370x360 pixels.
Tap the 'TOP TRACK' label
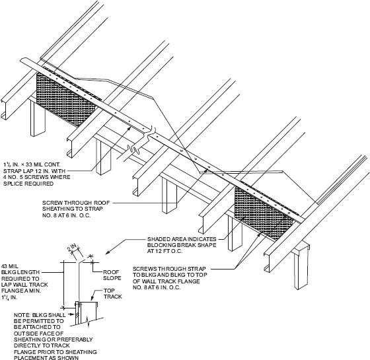(112, 294)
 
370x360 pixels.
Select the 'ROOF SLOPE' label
(112, 275)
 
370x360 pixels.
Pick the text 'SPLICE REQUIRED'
(28, 184)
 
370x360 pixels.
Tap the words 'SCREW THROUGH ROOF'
(76, 203)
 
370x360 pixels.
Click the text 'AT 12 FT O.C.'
(165, 251)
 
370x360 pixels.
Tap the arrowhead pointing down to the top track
(92, 299)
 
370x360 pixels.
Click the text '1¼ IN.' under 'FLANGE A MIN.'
(9, 297)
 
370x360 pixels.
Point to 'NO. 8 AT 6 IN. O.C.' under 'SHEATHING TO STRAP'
(66, 215)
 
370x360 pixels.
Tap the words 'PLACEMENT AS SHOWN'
(46, 357)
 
